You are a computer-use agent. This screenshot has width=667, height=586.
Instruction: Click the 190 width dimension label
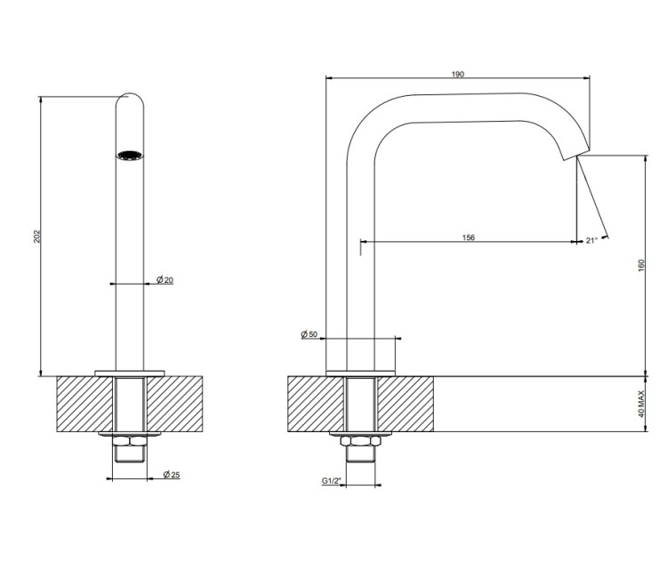point(458,74)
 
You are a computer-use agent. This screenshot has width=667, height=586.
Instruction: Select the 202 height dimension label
point(37,237)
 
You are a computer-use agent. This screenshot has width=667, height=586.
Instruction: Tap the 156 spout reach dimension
point(469,237)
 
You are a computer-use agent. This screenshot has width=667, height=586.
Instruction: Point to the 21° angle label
point(591,240)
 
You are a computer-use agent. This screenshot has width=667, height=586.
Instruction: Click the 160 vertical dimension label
point(641,265)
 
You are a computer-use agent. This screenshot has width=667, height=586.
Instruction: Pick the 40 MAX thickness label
point(641,404)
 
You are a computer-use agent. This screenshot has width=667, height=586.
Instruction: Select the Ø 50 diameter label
point(309,334)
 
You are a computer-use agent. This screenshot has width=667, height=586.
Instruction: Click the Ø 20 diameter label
point(165,279)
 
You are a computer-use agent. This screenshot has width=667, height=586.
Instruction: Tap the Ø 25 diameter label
point(172,474)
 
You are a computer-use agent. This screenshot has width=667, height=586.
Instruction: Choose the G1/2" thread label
point(332,480)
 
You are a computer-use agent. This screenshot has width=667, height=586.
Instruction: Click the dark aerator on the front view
point(130,156)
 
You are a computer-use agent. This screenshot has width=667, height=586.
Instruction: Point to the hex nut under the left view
point(130,441)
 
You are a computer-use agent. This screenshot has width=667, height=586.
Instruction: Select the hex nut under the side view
point(361,441)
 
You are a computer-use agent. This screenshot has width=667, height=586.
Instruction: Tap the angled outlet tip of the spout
point(576,153)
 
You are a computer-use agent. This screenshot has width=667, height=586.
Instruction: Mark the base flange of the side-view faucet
point(361,373)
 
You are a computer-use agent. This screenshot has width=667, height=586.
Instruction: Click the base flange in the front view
point(130,373)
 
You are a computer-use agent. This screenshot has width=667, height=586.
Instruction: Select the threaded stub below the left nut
point(130,454)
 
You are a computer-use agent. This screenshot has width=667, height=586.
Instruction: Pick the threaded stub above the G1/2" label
point(361,454)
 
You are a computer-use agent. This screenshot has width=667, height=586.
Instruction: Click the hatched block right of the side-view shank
point(406,404)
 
